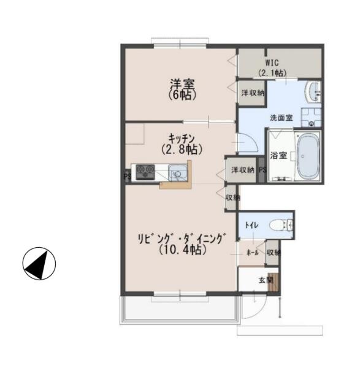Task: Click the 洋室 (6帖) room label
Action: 182,90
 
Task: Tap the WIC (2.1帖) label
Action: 272,68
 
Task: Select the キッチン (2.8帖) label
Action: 182,144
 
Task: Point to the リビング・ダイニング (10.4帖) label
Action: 182,244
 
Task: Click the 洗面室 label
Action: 281,118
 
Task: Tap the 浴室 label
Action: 278,155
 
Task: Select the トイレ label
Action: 251,225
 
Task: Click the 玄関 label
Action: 266,280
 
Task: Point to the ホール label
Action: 253,253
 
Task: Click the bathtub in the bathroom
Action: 308,156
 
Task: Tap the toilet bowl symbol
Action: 281,225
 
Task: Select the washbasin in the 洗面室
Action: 313,92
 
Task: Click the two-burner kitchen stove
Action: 145,172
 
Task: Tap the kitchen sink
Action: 178,173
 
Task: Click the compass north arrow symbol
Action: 39,263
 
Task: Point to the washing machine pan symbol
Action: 311,118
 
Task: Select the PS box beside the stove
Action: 128,176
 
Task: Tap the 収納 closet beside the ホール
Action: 272,253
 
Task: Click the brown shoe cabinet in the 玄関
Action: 273,282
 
